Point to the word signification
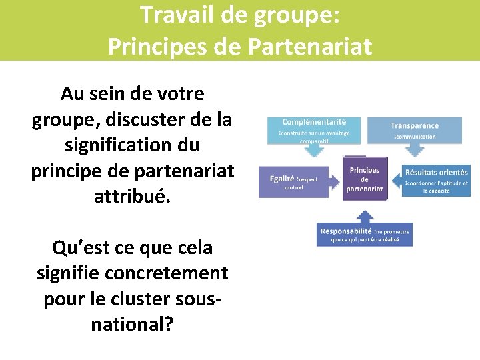tap(117, 145)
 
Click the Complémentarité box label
tap(314, 123)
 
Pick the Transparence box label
tap(415, 125)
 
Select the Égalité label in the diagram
tap(283, 179)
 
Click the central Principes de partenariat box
tap(364, 179)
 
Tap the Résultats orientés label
tap(437, 173)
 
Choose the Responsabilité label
tap(345, 231)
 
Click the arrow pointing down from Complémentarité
tap(314, 150)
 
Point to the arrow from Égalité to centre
tap(336, 179)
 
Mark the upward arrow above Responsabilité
tap(364, 214)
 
